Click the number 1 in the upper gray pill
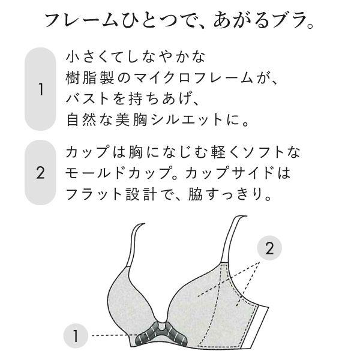pyautogui.click(x=40, y=89)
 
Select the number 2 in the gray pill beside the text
pyautogui.click(x=40, y=173)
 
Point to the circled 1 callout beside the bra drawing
pyautogui.click(x=76, y=335)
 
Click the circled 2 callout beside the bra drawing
pyautogui.click(x=269, y=248)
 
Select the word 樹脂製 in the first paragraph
pyautogui.click(x=90, y=78)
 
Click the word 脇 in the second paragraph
pyautogui.click(x=196, y=194)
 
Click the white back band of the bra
pyautogui.click(x=259, y=326)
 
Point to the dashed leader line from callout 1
pyautogui.click(x=114, y=335)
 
